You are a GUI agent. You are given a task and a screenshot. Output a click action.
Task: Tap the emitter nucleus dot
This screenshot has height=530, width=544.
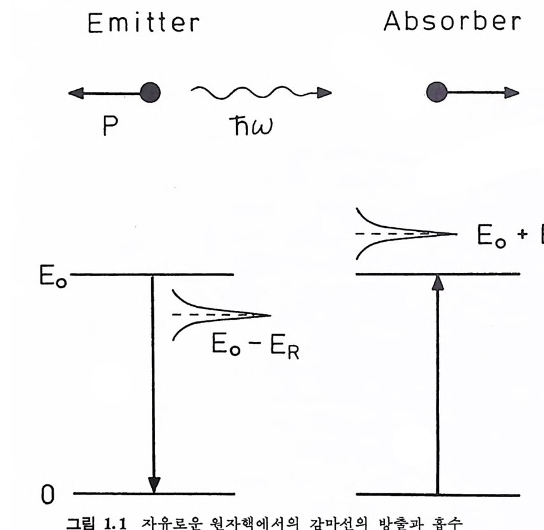click(150, 93)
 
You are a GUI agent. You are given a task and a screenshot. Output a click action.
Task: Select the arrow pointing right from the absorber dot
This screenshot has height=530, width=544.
click(481, 93)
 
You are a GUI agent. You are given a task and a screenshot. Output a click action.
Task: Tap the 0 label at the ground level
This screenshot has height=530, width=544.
click(48, 494)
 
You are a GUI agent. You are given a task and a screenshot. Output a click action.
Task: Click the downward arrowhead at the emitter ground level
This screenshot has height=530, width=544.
click(152, 484)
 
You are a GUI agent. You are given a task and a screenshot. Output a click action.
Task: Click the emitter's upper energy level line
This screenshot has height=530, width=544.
click(190, 275)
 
